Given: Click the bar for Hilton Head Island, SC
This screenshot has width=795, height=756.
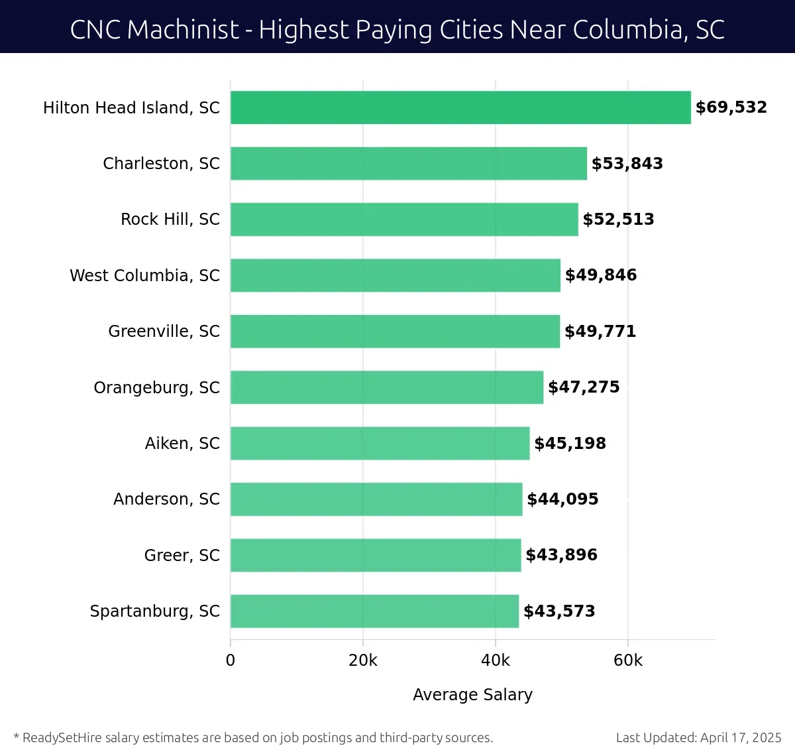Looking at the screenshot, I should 460,107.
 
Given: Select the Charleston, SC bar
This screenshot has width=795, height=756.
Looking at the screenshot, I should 409,163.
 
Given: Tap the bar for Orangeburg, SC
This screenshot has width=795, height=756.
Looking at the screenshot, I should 387,387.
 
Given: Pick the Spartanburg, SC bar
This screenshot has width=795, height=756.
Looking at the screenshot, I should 374,611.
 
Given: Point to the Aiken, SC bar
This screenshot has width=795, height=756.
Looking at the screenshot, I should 380,443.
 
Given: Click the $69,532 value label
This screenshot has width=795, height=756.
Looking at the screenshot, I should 731,107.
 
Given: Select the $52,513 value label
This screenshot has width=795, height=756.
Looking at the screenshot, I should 618,220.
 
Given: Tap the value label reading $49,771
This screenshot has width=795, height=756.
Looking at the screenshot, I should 600,331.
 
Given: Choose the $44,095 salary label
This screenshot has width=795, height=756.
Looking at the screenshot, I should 562,499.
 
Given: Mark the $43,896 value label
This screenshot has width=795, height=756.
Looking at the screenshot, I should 561,555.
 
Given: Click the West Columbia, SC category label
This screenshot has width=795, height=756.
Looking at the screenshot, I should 144,275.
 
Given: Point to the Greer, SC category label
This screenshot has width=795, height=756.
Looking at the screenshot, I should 182,555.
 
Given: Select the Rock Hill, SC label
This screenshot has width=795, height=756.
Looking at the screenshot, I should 170,220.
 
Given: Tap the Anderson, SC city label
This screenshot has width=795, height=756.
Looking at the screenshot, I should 166,499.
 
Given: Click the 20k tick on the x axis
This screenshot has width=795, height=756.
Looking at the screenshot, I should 363,661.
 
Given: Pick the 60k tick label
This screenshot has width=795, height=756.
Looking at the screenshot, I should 628,661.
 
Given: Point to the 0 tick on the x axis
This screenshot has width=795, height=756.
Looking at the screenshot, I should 231,661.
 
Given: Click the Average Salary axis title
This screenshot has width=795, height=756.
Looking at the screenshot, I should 472,694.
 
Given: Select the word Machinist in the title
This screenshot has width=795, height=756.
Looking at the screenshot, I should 182,30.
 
